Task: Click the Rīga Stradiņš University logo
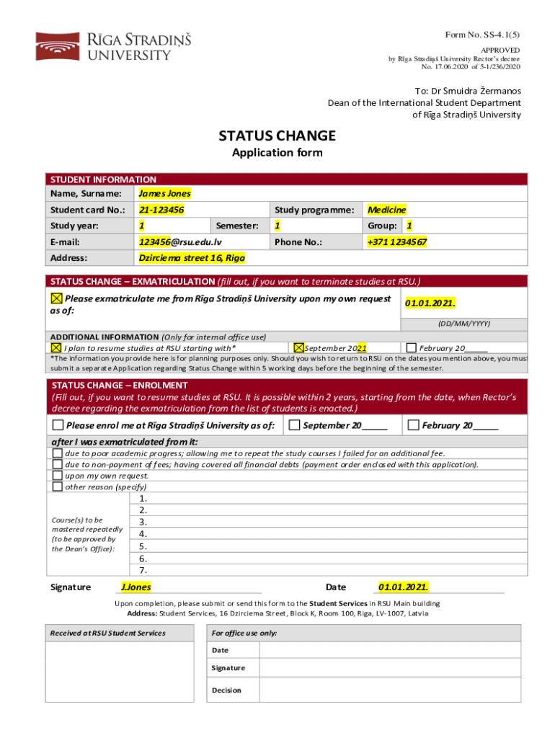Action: (113, 45)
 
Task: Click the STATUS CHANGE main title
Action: (277, 135)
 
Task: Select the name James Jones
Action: (164, 193)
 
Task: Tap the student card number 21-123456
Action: (161, 210)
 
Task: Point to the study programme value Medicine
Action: (386, 210)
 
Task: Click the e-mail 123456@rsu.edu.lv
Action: (180, 242)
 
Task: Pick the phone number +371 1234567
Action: (397, 242)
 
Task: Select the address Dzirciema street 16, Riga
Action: (192, 257)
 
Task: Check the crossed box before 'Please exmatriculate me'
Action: (56, 298)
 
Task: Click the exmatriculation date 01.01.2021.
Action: (430, 303)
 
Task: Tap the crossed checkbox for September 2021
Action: (299, 347)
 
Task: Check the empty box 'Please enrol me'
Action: (57, 425)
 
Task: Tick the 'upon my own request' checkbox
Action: (57, 476)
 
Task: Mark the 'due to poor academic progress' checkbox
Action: (57, 453)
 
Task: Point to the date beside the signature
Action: (403, 587)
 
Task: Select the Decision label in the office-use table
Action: (226, 690)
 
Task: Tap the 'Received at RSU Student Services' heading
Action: (107, 633)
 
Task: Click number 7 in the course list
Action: (143, 570)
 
